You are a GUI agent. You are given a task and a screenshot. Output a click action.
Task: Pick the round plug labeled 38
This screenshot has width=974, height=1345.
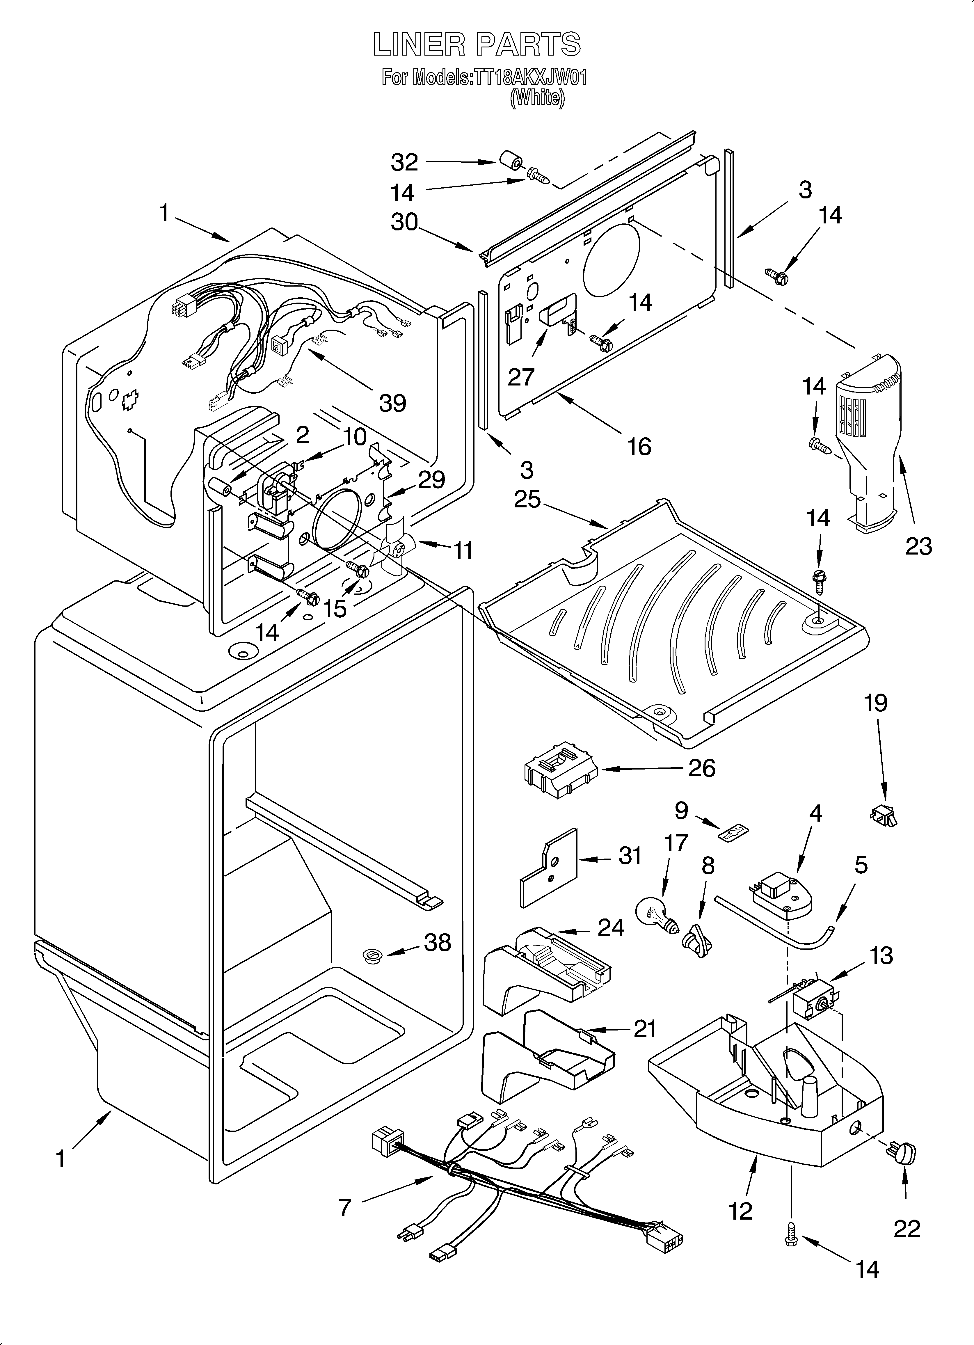coord(372,954)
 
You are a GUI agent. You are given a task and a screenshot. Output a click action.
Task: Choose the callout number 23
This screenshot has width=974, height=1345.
coord(918,546)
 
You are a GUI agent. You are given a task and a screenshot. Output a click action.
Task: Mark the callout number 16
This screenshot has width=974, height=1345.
coord(639,446)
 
